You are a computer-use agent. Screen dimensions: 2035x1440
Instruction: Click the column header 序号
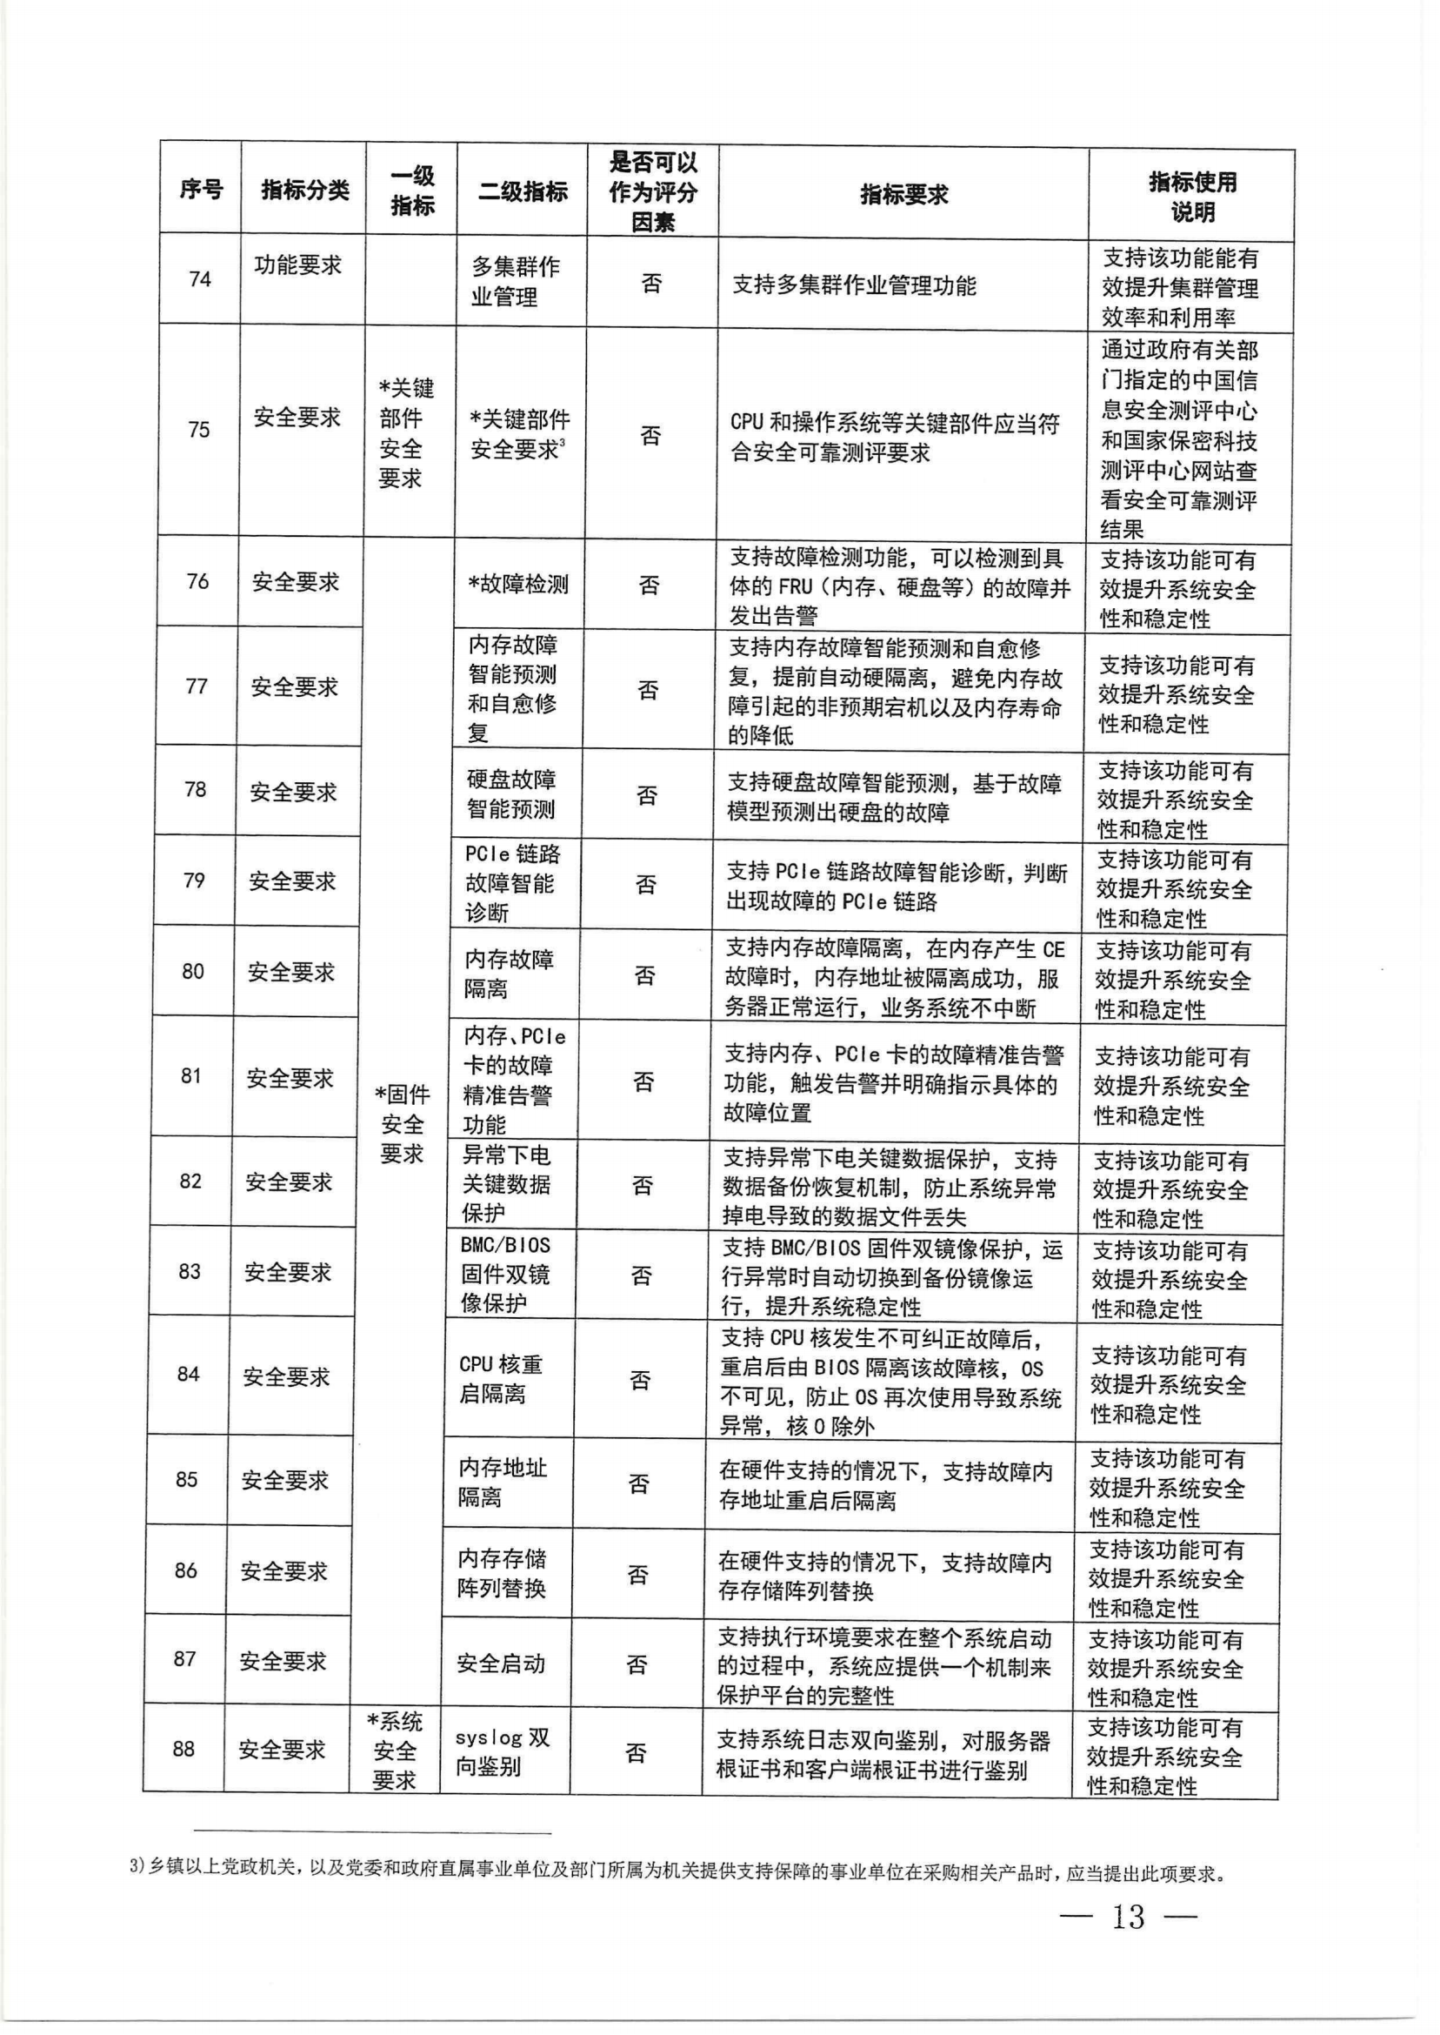point(200,189)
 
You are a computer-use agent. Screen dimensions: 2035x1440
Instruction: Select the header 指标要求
point(903,194)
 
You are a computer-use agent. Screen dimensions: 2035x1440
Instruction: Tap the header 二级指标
point(523,191)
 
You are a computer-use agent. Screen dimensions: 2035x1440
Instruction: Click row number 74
point(199,279)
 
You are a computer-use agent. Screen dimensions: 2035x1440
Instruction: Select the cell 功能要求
point(298,265)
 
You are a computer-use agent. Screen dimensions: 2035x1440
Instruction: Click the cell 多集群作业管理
point(515,281)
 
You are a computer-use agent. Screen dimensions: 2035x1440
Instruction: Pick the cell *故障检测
point(518,584)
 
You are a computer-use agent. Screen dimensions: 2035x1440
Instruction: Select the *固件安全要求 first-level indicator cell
point(402,1124)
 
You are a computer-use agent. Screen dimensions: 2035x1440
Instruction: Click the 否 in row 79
point(645,884)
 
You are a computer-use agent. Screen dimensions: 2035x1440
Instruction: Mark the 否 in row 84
point(640,1380)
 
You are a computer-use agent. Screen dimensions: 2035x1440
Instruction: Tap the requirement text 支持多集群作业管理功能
point(854,285)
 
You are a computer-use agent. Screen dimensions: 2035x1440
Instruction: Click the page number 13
point(1128,1916)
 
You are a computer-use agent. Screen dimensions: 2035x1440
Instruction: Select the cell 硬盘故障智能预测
point(510,794)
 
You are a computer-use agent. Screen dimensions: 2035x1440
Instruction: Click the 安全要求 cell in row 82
point(288,1182)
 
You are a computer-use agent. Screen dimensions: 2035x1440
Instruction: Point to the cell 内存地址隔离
point(502,1483)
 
